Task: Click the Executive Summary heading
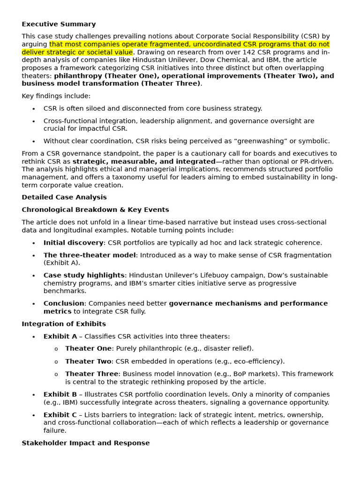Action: [x=59, y=24]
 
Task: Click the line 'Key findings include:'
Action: [x=56, y=96]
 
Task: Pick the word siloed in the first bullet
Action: [x=94, y=108]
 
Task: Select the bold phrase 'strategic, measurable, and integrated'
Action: [x=144, y=161]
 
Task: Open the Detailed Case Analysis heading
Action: [x=64, y=197]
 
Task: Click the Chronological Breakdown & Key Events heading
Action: [x=95, y=210]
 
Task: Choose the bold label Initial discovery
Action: [x=73, y=243]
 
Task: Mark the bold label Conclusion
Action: [x=64, y=304]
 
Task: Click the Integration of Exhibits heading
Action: [x=64, y=324]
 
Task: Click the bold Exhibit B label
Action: [x=60, y=395]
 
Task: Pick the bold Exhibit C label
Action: [x=60, y=415]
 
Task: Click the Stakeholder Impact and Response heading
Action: [x=86, y=443]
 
